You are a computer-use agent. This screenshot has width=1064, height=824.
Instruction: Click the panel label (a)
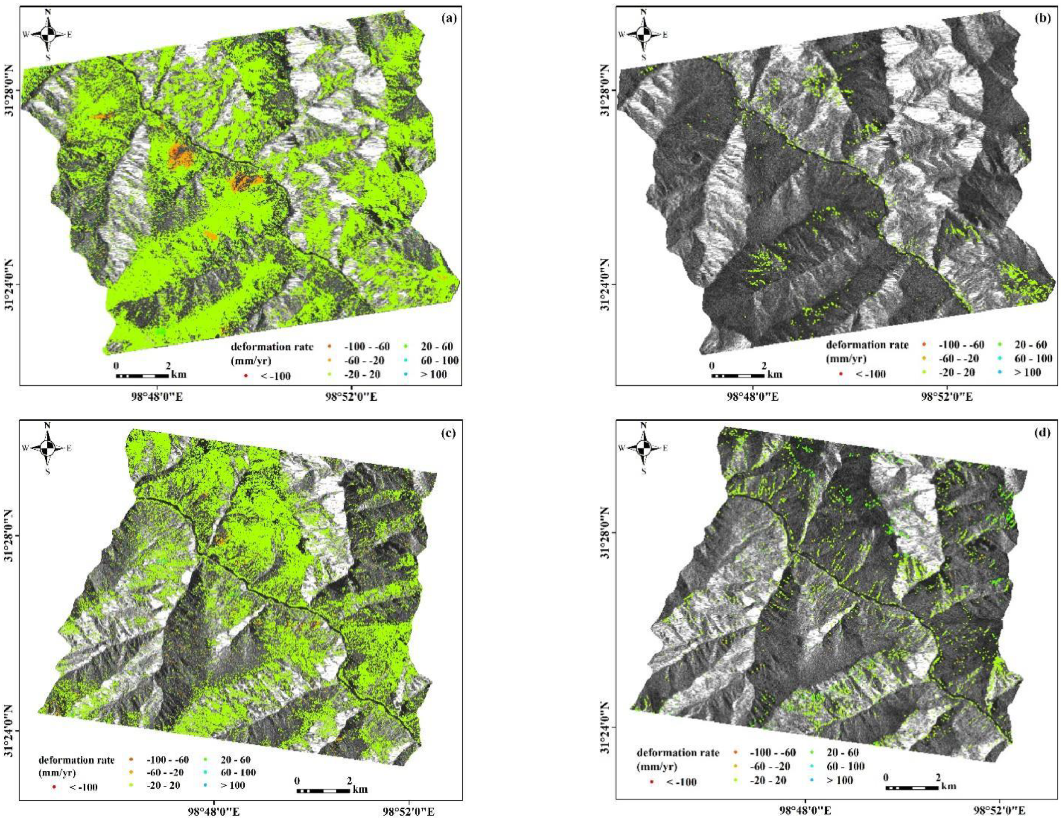pyautogui.click(x=448, y=19)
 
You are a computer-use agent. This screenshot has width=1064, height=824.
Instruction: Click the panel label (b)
pyautogui.click(x=1045, y=19)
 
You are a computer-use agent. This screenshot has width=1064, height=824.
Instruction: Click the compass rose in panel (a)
pyautogui.click(x=48, y=35)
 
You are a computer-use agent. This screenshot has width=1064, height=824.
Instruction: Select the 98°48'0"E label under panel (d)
pyautogui.click(x=804, y=810)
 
